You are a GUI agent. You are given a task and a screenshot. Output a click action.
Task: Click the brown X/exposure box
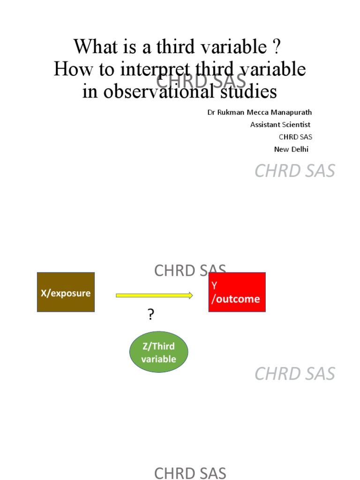66,292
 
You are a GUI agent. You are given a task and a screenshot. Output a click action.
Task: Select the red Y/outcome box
237,292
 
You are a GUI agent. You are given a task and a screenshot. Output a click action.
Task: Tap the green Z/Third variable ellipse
158,352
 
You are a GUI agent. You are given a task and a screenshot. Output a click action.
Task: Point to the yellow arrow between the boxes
154,295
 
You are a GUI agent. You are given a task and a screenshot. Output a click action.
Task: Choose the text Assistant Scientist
280,125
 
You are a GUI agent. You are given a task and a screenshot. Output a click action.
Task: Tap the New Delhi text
291,149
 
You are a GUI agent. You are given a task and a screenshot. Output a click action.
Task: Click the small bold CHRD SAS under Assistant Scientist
295,137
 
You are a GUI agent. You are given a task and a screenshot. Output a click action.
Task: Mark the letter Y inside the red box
215,285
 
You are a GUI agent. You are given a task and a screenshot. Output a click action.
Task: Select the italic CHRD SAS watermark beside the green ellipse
295,374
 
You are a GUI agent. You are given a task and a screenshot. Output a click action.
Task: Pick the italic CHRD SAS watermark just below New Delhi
295,171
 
